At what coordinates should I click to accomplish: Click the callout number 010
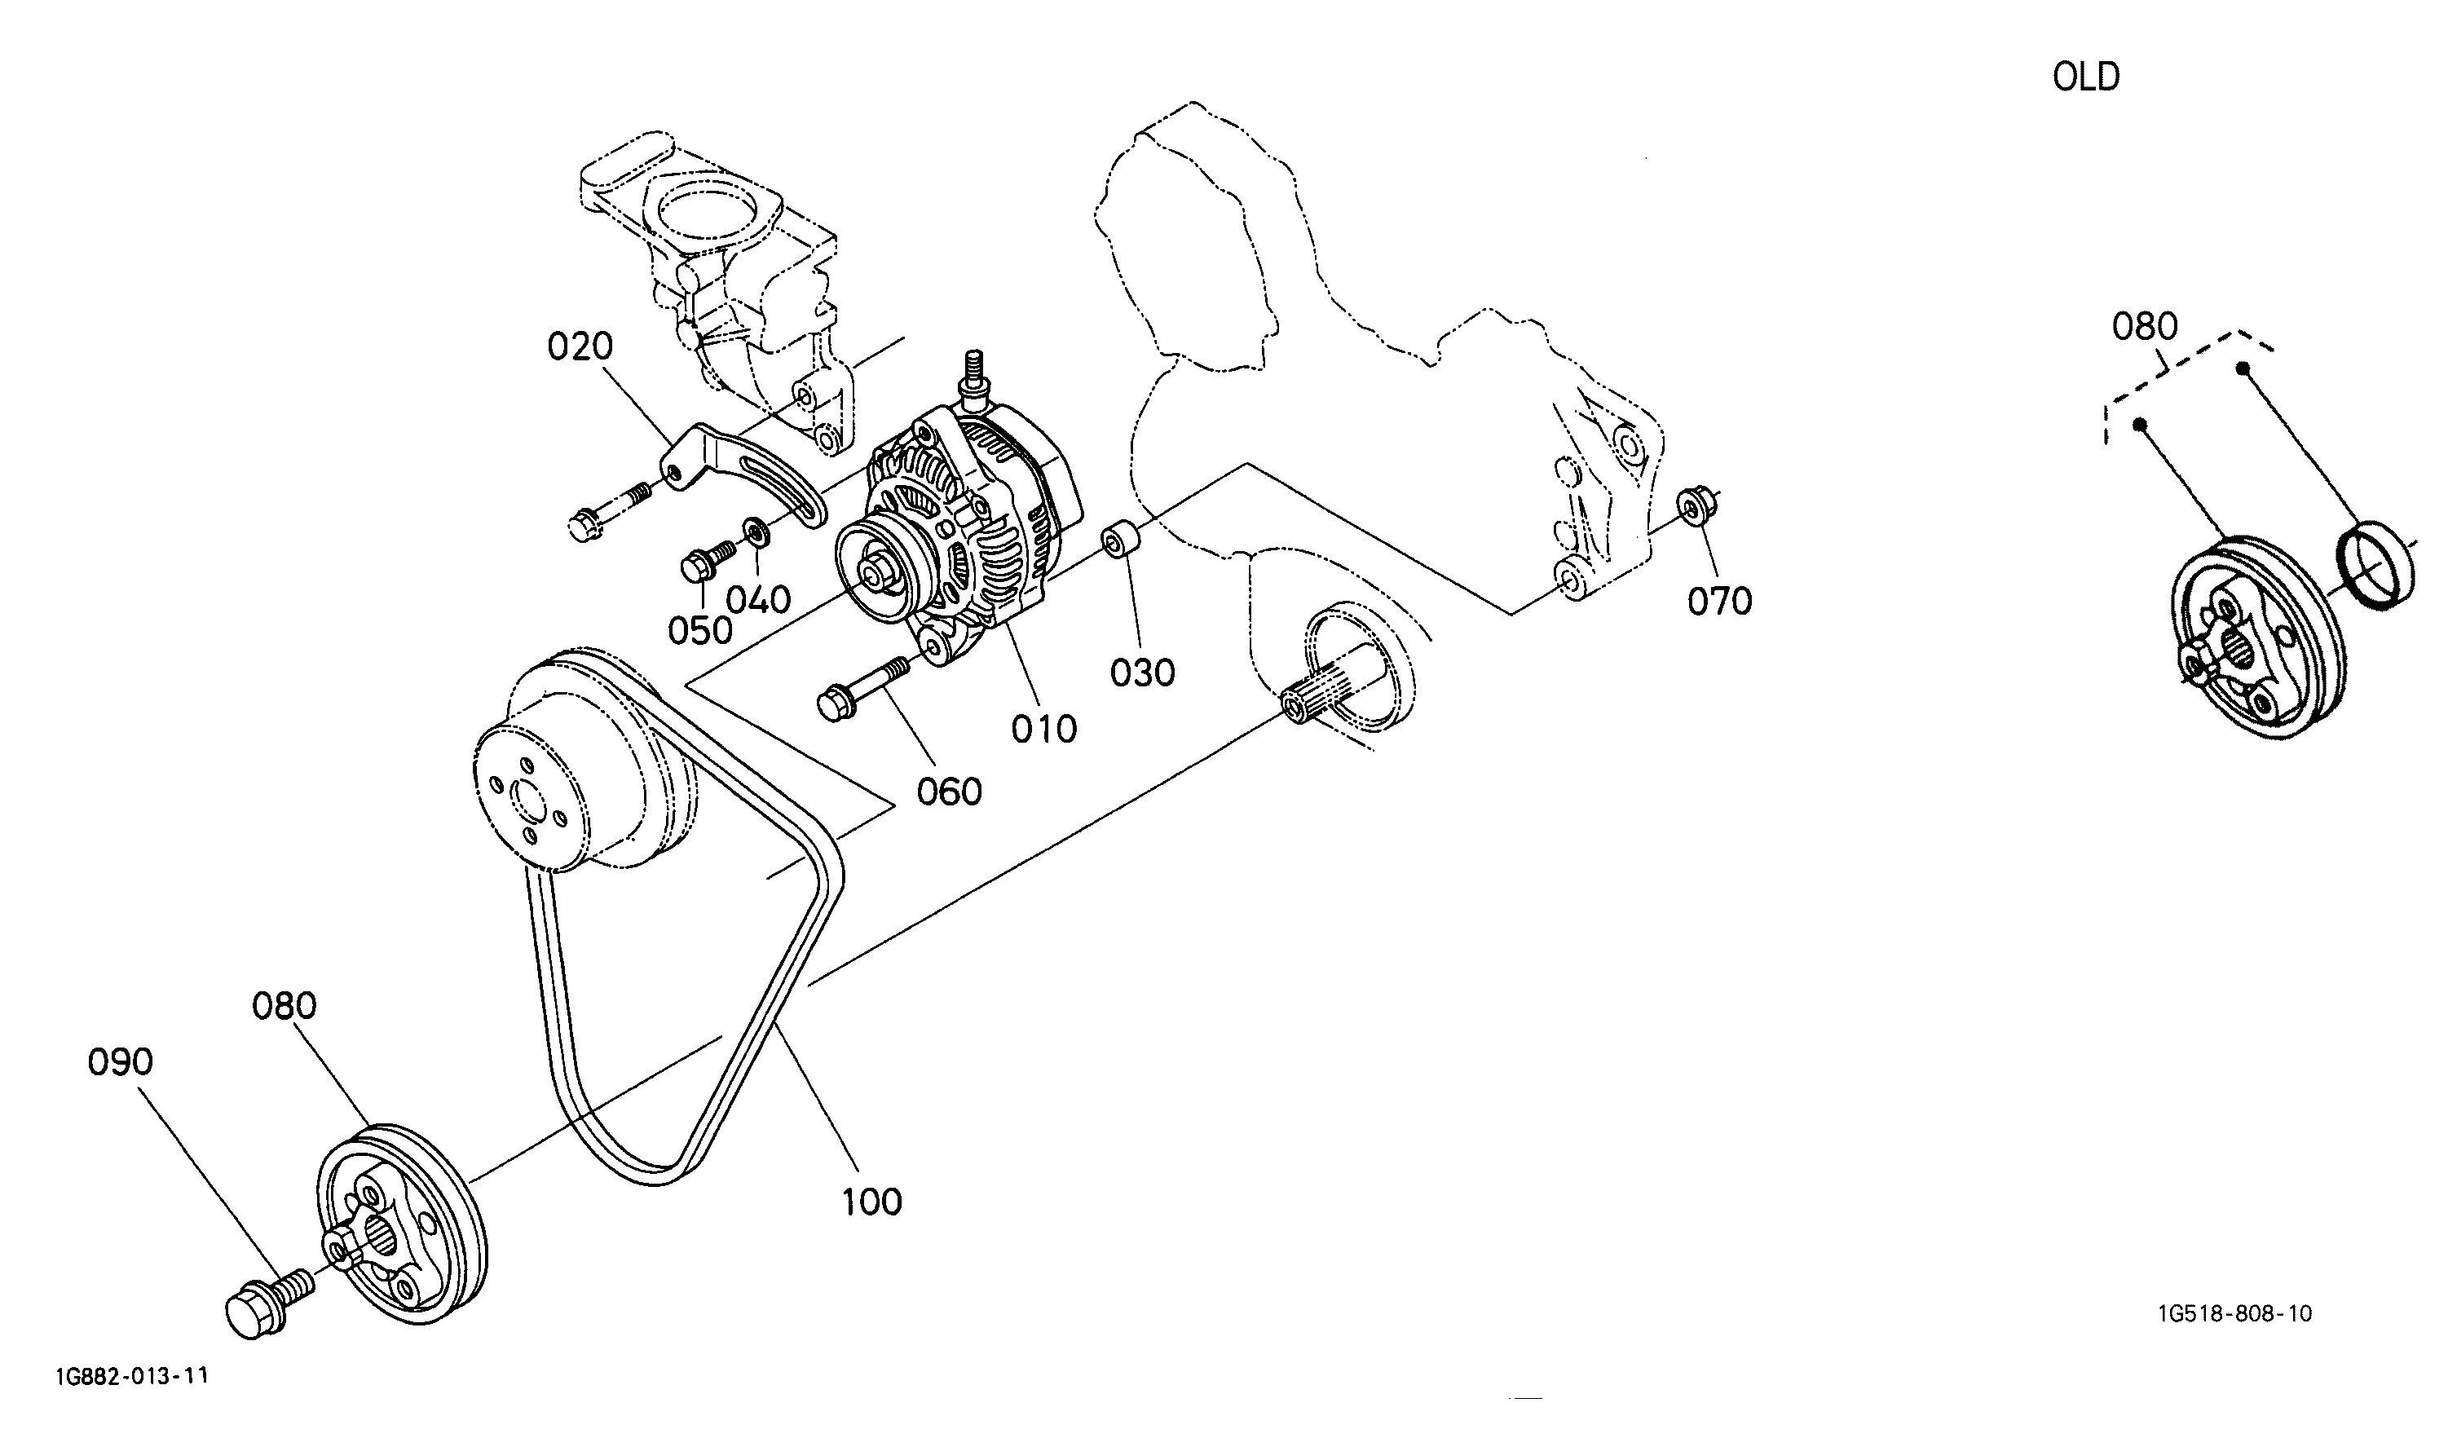point(1044,730)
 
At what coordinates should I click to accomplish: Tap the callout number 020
point(580,347)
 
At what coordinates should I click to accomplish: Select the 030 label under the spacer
point(1142,673)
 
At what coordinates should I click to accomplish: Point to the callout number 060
point(949,792)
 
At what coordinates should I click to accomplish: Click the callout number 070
point(1719,602)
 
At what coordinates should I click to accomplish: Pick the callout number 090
point(121,1062)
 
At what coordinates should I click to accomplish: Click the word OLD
point(2086,77)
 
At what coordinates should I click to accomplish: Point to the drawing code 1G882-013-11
point(132,1377)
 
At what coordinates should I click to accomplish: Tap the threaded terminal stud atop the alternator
point(973,376)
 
